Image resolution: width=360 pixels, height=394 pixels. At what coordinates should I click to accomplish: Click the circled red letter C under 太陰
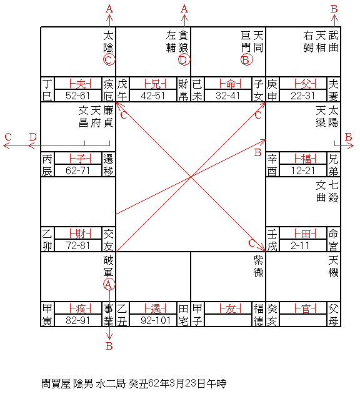click(109, 60)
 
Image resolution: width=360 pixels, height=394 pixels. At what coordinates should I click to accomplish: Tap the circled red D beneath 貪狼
click(184, 60)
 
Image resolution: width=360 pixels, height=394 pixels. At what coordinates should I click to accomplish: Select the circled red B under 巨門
click(246, 60)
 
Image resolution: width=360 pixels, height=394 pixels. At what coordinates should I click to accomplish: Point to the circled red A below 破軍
click(109, 285)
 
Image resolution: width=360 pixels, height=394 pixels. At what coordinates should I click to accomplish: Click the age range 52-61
click(77, 96)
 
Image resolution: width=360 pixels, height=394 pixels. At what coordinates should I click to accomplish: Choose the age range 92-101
click(156, 320)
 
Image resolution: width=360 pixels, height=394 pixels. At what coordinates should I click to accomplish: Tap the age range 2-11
click(300, 245)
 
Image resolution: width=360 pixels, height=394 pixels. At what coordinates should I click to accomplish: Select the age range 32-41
click(227, 96)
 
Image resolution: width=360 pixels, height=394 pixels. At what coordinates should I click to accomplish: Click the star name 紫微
click(258, 267)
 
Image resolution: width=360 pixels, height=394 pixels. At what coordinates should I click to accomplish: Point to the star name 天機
click(333, 267)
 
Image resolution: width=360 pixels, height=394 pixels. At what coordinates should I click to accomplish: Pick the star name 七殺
click(333, 192)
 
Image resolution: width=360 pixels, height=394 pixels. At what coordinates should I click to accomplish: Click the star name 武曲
click(333, 41)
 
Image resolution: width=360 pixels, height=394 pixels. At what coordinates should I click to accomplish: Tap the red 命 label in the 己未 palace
click(230, 84)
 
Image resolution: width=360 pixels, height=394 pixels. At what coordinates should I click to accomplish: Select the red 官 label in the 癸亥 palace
click(305, 308)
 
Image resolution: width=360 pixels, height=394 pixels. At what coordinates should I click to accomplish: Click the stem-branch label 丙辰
click(47, 165)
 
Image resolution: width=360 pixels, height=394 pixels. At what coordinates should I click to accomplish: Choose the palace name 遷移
click(108, 165)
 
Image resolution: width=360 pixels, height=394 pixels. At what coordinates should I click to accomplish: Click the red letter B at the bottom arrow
click(109, 346)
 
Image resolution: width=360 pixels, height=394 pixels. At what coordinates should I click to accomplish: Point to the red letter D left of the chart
click(33, 137)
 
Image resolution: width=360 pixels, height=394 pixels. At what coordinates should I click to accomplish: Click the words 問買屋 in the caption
click(56, 384)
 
